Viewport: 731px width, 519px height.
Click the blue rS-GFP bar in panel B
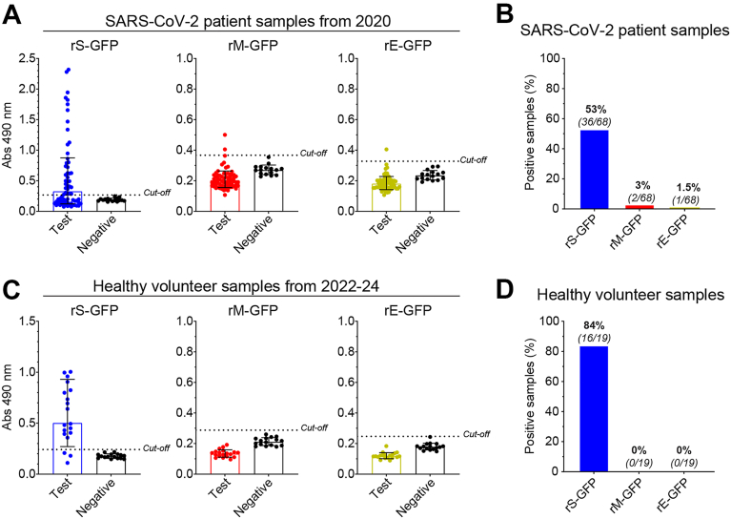pyautogui.click(x=594, y=170)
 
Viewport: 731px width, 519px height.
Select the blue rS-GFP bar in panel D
pyautogui.click(x=594, y=409)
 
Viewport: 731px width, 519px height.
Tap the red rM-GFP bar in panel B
pyautogui.click(x=640, y=207)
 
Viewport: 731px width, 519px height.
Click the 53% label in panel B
pyautogui.click(x=596, y=110)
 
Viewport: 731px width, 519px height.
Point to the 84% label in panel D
pyautogui.click(x=593, y=325)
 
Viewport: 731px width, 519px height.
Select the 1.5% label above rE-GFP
pyautogui.click(x=688, y=188)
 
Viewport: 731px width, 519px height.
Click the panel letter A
pyautogui.click(x=11, y=15)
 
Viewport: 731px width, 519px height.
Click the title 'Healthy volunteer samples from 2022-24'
pyautogui.click(x=236, y=285)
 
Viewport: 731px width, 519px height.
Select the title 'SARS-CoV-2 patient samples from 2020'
pyautogui.click(x=248, y=21)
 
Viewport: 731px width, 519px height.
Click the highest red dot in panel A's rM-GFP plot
pyautogui.click(x=225, y=135)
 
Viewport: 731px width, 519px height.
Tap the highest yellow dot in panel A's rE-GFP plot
pyautogui.click(x=387, y=150)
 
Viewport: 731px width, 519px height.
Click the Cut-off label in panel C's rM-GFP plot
pyautogui.click(x=315, y=427)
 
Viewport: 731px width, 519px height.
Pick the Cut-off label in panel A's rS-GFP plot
pyautogui.click(x=157, y=193)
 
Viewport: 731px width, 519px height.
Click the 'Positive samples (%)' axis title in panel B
pyautogui.click(x=530, y=133)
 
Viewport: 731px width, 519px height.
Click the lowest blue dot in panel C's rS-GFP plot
pyautogui.click(x=69, y=463)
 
